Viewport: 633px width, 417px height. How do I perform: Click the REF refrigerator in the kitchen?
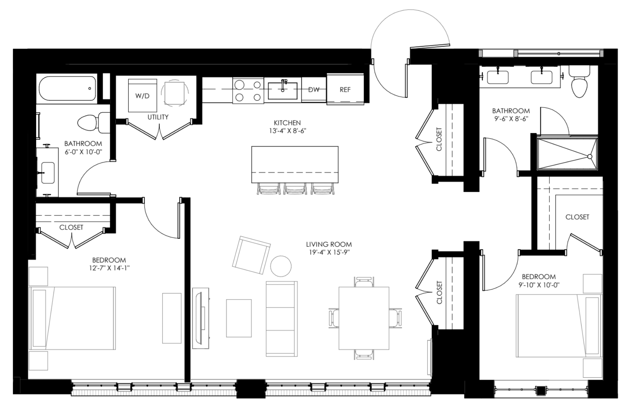pos(345,89)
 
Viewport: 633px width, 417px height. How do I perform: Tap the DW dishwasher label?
pos(314,90)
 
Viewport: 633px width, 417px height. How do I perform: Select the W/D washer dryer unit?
pos(143,95)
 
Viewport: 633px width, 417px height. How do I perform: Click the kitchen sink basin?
pos(283,91)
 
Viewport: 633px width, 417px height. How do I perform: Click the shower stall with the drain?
pos(567,154)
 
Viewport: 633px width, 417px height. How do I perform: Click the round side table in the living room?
pos(281,266)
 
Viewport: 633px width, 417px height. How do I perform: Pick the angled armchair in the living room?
pos(251,255)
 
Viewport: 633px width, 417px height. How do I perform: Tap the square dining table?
pos(364,318)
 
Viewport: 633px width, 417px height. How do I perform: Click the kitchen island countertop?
pos(295,164)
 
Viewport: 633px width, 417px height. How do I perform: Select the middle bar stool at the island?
pos(295,189)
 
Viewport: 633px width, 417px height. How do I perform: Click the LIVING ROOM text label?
pos(329,245)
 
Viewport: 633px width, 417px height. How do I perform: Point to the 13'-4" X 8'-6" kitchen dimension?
pos(288,131)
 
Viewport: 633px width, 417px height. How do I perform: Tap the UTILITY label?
pos(158,117)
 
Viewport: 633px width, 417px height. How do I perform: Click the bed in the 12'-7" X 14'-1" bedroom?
pos(73,318)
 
